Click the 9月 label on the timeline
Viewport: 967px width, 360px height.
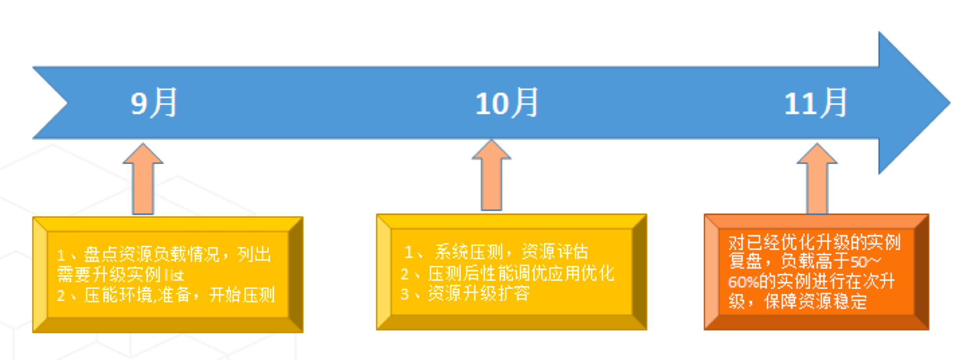point(153,103)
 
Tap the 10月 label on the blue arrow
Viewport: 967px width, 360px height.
point(507,103)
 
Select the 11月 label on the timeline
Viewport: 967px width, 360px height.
point(816,103)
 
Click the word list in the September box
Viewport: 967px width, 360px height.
point(174,275)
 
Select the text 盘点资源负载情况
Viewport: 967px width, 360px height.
point(151,254)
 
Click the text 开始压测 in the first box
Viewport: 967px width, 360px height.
point(242,295)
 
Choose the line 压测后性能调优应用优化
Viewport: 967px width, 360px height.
point(521,273)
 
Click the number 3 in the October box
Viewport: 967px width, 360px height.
point(404,294)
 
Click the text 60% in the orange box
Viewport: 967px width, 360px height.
point(743,282)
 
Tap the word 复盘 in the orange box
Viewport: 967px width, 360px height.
point(745,261)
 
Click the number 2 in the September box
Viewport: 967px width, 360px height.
point(61,296)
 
